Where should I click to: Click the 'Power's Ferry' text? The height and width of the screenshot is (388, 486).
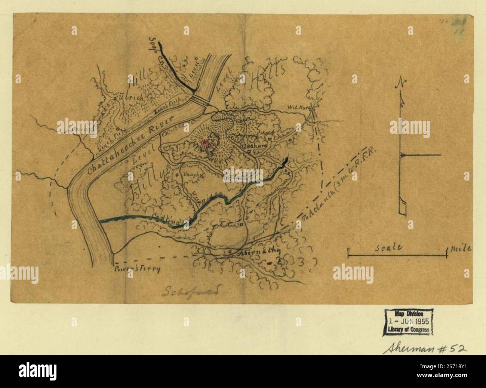click(x=137, y=269)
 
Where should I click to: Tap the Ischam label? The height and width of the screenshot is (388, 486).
click(x=256, y=146)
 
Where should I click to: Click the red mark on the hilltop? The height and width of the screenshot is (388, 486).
click(x=205, y=142)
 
